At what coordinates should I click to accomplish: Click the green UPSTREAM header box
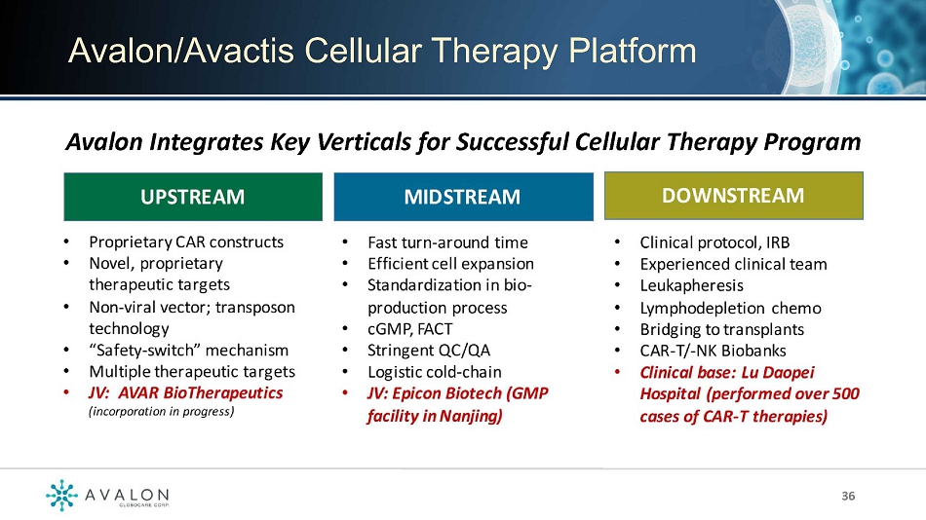click(x=193, y=197)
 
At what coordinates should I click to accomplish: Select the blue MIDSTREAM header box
click(x=464, y=197)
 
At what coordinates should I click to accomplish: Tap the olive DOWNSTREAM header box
click(x=733, y=196)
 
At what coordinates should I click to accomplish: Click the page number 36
click(x=848, y=496)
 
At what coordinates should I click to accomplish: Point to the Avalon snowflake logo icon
click(x=62, y=495)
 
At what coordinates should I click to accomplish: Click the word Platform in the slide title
click(x=633, y=51)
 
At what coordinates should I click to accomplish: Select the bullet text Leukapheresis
click(x=691, y=285)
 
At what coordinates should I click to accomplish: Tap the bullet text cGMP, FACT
click(x=409, y=329)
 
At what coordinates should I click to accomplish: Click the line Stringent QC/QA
click(x=429, y=351)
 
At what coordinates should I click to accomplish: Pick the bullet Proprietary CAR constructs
click(x=186, y=242)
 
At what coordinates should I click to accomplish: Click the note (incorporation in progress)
click(x=161, y=411)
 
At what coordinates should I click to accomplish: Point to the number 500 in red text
click(x=846, y=393)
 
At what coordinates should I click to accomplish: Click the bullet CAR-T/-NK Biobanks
click(x=713, y=351)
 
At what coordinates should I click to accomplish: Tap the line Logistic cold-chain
click(x=435, y=372)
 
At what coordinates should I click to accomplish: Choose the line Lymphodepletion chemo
click(x=730, y=308)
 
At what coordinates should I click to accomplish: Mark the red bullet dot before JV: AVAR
click(x=66, y=393)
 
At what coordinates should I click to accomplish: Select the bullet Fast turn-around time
click(x=447, y=242)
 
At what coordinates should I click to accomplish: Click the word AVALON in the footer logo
click(x=127, y=495)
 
